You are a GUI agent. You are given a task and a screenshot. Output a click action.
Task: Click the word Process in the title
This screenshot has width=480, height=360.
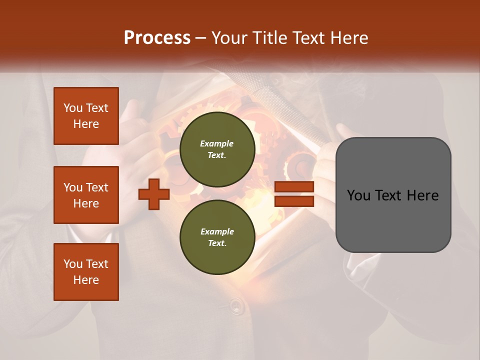157,38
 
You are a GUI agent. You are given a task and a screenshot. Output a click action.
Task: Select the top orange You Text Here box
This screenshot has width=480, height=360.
86,116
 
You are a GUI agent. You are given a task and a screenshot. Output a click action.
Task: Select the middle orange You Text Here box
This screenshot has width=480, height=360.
86,195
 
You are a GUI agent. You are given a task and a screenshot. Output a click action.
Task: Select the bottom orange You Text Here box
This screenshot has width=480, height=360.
86,272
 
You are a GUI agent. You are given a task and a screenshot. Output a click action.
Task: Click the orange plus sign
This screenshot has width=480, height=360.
154,194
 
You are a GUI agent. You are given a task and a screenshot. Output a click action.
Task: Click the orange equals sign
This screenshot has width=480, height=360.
294,194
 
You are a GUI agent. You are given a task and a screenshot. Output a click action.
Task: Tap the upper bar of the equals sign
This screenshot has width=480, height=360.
294,187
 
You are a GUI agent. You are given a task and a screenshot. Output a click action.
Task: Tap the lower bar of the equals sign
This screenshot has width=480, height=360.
294,201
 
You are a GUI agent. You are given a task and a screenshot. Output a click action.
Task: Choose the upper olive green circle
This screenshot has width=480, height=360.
217,149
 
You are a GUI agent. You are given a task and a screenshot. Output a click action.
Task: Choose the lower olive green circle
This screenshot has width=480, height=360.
217,237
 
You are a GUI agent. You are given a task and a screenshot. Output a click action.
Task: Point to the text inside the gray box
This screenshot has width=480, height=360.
393,195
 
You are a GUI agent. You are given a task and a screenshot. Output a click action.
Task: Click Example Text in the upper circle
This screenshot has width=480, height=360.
217,149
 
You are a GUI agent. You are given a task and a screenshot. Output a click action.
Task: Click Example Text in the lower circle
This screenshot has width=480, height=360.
217,237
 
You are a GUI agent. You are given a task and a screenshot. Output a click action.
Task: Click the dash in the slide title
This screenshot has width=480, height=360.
201,38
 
